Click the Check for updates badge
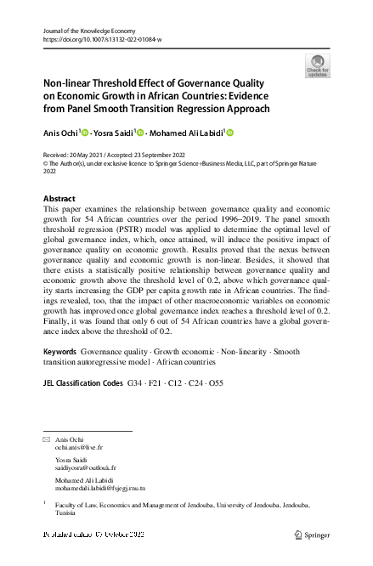click(x=317, y=65)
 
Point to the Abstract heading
click(x=59, y=197)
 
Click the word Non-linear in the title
click(x=70, y=84)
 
